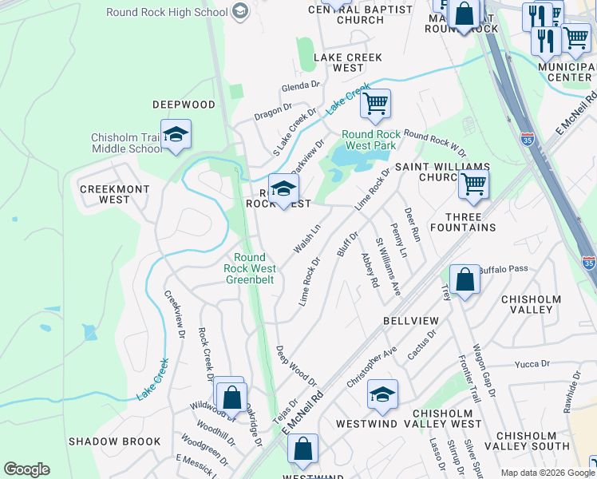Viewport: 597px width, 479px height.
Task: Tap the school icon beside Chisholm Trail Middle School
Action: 176,134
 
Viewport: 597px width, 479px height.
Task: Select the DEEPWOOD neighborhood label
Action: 184,105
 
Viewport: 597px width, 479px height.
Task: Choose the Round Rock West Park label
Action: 369,140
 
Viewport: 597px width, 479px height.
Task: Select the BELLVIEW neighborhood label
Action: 410,320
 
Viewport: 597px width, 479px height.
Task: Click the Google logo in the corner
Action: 26,469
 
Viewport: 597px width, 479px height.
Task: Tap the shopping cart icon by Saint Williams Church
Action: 473,185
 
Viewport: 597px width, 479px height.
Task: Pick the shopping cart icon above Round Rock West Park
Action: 374,103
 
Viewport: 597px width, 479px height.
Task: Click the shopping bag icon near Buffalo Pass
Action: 465,280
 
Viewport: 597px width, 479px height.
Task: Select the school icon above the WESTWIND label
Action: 383,394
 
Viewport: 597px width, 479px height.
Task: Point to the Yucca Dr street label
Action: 532,363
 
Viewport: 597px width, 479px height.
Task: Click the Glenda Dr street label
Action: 300,87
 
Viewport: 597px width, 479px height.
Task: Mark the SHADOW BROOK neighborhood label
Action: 114,441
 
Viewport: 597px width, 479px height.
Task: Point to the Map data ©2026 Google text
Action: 547,473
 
